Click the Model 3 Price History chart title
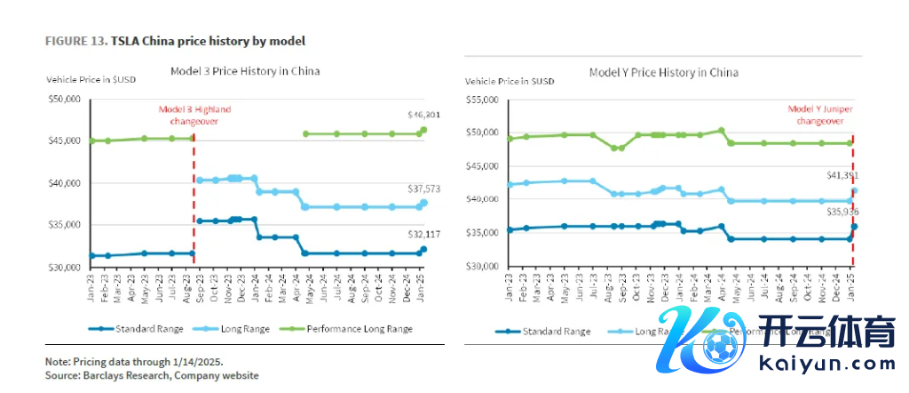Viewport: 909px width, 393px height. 245,70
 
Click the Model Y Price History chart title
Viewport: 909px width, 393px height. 664,72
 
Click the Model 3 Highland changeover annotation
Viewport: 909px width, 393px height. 188,114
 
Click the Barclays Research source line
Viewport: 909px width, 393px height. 152,376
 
